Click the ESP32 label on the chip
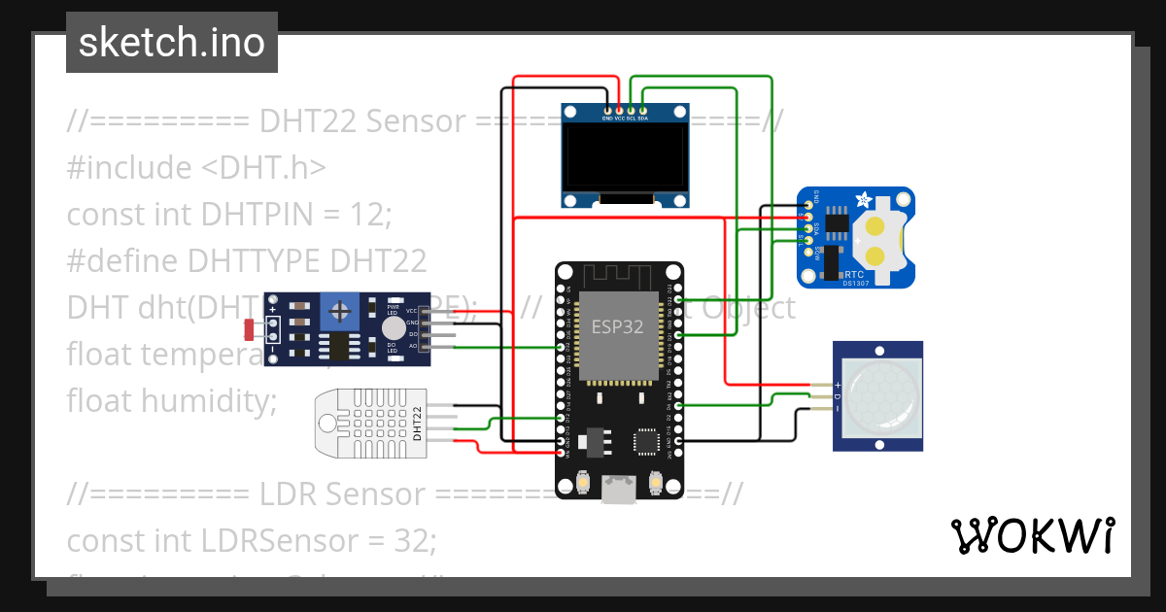(x=618, y=326)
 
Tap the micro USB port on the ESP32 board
(x=618, y=489)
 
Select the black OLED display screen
(x=625, y=158)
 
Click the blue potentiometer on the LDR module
(x=340, y=311)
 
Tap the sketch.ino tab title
(x=172, y=43)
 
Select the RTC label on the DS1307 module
(x=855, y=275)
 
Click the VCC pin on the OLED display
(x=619, y=118)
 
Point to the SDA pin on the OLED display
(x=642, y=118)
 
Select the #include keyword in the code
(x=129, y=167)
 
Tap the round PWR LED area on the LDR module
(x=393, y=329)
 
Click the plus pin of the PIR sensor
(x=838, y=385)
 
